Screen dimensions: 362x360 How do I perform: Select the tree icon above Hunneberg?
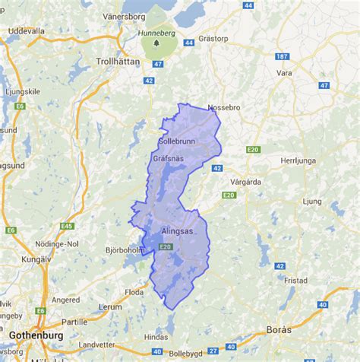tap(156, 43)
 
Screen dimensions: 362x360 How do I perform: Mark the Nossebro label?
tap(223, 107)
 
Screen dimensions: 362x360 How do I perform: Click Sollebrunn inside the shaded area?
tap(178, 141)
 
